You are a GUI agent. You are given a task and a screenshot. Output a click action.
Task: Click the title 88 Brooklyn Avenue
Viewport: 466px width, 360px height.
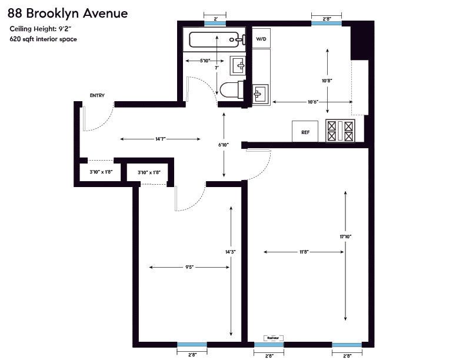tap(67, 12)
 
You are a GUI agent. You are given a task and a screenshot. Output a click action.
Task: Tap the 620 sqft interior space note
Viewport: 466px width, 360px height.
tap(43, 39)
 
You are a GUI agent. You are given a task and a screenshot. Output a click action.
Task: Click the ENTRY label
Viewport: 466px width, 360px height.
tap(97, 95)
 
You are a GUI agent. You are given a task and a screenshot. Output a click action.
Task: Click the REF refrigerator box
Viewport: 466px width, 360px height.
tap(305, 132)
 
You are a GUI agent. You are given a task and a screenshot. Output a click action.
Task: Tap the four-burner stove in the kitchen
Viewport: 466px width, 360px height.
tap(341, 131)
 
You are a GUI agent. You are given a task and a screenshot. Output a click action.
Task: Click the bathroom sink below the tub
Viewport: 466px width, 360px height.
tap(239, 65)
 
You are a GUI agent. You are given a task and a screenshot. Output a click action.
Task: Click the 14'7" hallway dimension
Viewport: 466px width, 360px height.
tap(161, 139)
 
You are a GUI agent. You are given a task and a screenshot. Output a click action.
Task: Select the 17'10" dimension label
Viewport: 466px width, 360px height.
tap(345, 236)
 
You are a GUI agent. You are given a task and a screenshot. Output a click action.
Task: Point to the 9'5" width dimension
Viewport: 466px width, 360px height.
tap(189, 267)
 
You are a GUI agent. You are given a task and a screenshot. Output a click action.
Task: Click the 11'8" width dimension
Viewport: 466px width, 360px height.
tap(303, 252)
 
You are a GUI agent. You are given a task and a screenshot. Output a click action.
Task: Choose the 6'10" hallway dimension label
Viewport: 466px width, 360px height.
tap(223, 145)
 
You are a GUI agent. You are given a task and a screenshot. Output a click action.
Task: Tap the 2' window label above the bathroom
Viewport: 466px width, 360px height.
tap(216, 19)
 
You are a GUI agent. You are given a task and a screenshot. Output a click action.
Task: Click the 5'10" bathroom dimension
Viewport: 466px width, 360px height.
tap(205, 61)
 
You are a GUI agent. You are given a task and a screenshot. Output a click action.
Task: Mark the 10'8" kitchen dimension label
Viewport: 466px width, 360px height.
tap(328, 81)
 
